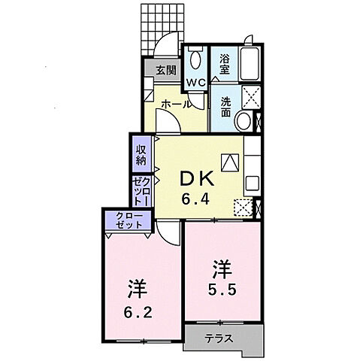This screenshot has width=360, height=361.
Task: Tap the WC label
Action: click(195, 81)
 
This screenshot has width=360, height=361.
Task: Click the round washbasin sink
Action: click(243, 122)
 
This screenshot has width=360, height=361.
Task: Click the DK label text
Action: click(197, 180)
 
